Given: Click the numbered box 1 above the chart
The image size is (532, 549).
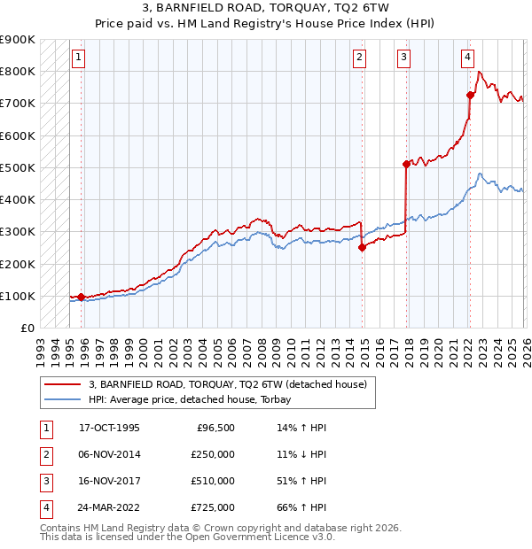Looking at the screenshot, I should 79,58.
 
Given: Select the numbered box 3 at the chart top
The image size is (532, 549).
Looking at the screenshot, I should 403,58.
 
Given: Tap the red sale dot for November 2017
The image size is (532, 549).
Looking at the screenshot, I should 406,164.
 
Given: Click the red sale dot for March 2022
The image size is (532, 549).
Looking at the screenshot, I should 470,95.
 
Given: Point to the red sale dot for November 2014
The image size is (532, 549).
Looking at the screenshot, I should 362,248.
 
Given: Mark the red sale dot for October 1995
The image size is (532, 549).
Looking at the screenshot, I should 82,298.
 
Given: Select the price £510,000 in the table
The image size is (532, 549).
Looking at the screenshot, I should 212,481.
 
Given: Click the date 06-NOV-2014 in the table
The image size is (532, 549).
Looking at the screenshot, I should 109,454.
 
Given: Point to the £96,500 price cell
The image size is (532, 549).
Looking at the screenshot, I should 215,428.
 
